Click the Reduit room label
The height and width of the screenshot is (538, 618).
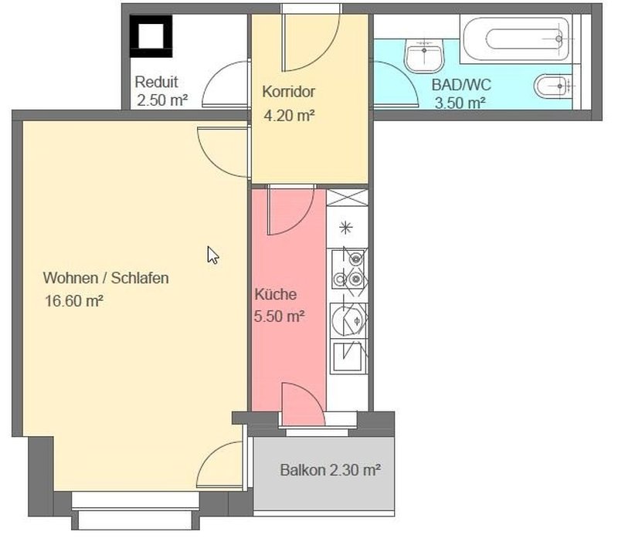[x=156, y=82]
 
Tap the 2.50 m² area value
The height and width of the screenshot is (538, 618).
[x=162, y=100]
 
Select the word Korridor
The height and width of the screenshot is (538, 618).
[x=288, y=91]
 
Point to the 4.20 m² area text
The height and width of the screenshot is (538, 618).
[x=289, y=116]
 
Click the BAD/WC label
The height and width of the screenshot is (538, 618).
[x=461, y=85]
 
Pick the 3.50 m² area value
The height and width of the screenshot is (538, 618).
[x=460, y=103]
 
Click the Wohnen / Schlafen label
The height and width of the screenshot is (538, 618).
[x=106, y=278]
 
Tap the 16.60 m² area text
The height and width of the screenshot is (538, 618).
[x=74, y=301]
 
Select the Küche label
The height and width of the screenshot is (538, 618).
[x=276, y=294]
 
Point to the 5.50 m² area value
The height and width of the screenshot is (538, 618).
[x=279, y=316]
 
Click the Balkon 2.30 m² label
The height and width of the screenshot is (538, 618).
[x=331, y=470]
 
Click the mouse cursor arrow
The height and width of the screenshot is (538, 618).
[x=213, y=255]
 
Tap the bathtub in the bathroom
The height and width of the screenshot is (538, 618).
[x=516, y=39]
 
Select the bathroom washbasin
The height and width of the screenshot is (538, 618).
[x=424, y=56]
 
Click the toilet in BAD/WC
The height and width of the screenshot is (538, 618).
[x=552, y=86]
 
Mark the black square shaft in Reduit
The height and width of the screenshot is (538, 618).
[x=151, y=36]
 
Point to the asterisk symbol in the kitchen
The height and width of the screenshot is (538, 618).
[x=345, y=227]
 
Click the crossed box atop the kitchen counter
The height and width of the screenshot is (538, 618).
[x=347, y=198]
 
